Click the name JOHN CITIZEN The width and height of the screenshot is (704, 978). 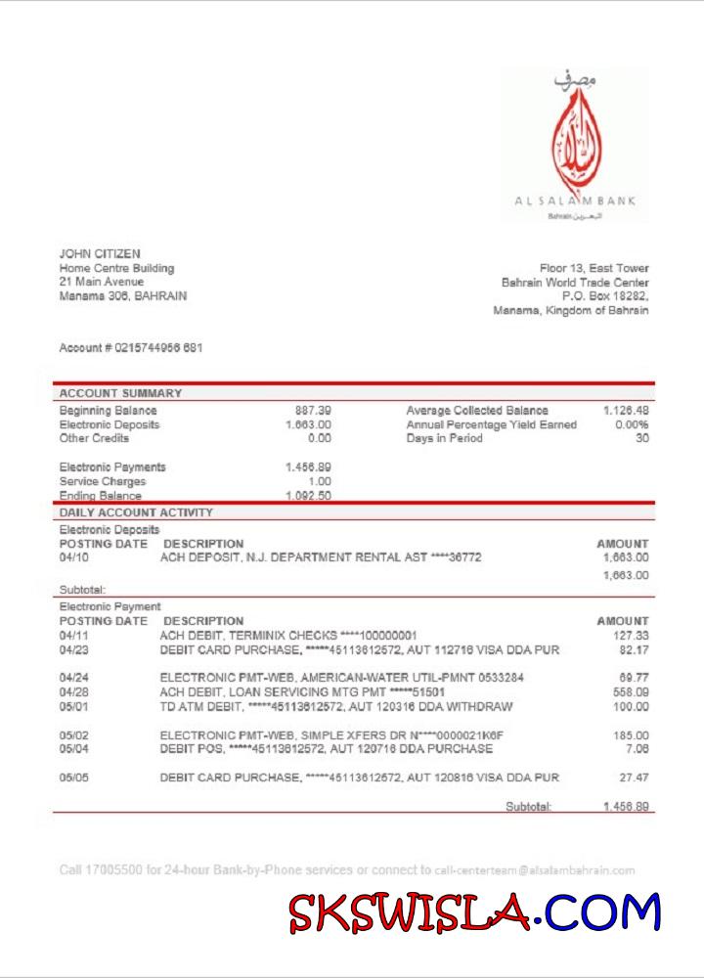coord(100,254)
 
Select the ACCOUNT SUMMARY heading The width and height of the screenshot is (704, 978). coord(120,393)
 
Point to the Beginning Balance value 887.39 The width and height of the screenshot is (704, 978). coord(312,411)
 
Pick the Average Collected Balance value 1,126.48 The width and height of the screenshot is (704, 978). coord(626,411)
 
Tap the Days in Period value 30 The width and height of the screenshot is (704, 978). coord(641,438)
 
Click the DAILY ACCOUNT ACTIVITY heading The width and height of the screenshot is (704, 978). coord(136,512)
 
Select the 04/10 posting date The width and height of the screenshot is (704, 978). coord(74,557)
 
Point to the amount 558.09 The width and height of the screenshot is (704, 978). coord(630,692)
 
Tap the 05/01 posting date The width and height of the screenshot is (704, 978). coord(74,706)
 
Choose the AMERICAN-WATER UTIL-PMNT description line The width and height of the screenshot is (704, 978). coord(341,677)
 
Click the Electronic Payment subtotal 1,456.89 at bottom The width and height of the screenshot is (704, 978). coord(626,807)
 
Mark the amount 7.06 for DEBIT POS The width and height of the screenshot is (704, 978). coord(638,749)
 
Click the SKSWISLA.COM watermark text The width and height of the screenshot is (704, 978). coord(475,912)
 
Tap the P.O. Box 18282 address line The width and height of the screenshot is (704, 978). coord(605,295)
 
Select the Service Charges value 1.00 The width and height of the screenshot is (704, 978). coord(320,481)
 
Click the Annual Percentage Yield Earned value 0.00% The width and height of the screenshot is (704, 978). coord(632,424)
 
